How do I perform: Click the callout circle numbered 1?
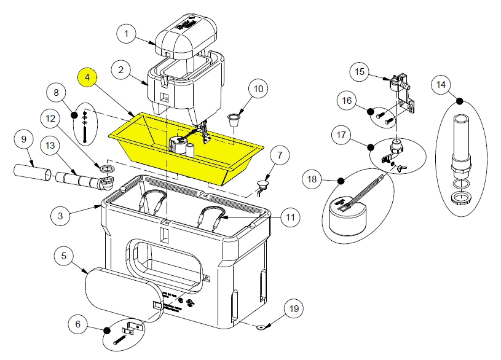point(127,33)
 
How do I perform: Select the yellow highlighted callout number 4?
point(88,78)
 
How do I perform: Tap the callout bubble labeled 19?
point(294,308)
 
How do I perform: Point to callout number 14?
point(440,84)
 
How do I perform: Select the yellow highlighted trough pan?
point(184,154)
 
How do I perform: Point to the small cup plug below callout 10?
point(234,118)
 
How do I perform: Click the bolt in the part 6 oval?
point(122,335)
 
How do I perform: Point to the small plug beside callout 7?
point(264,184)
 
